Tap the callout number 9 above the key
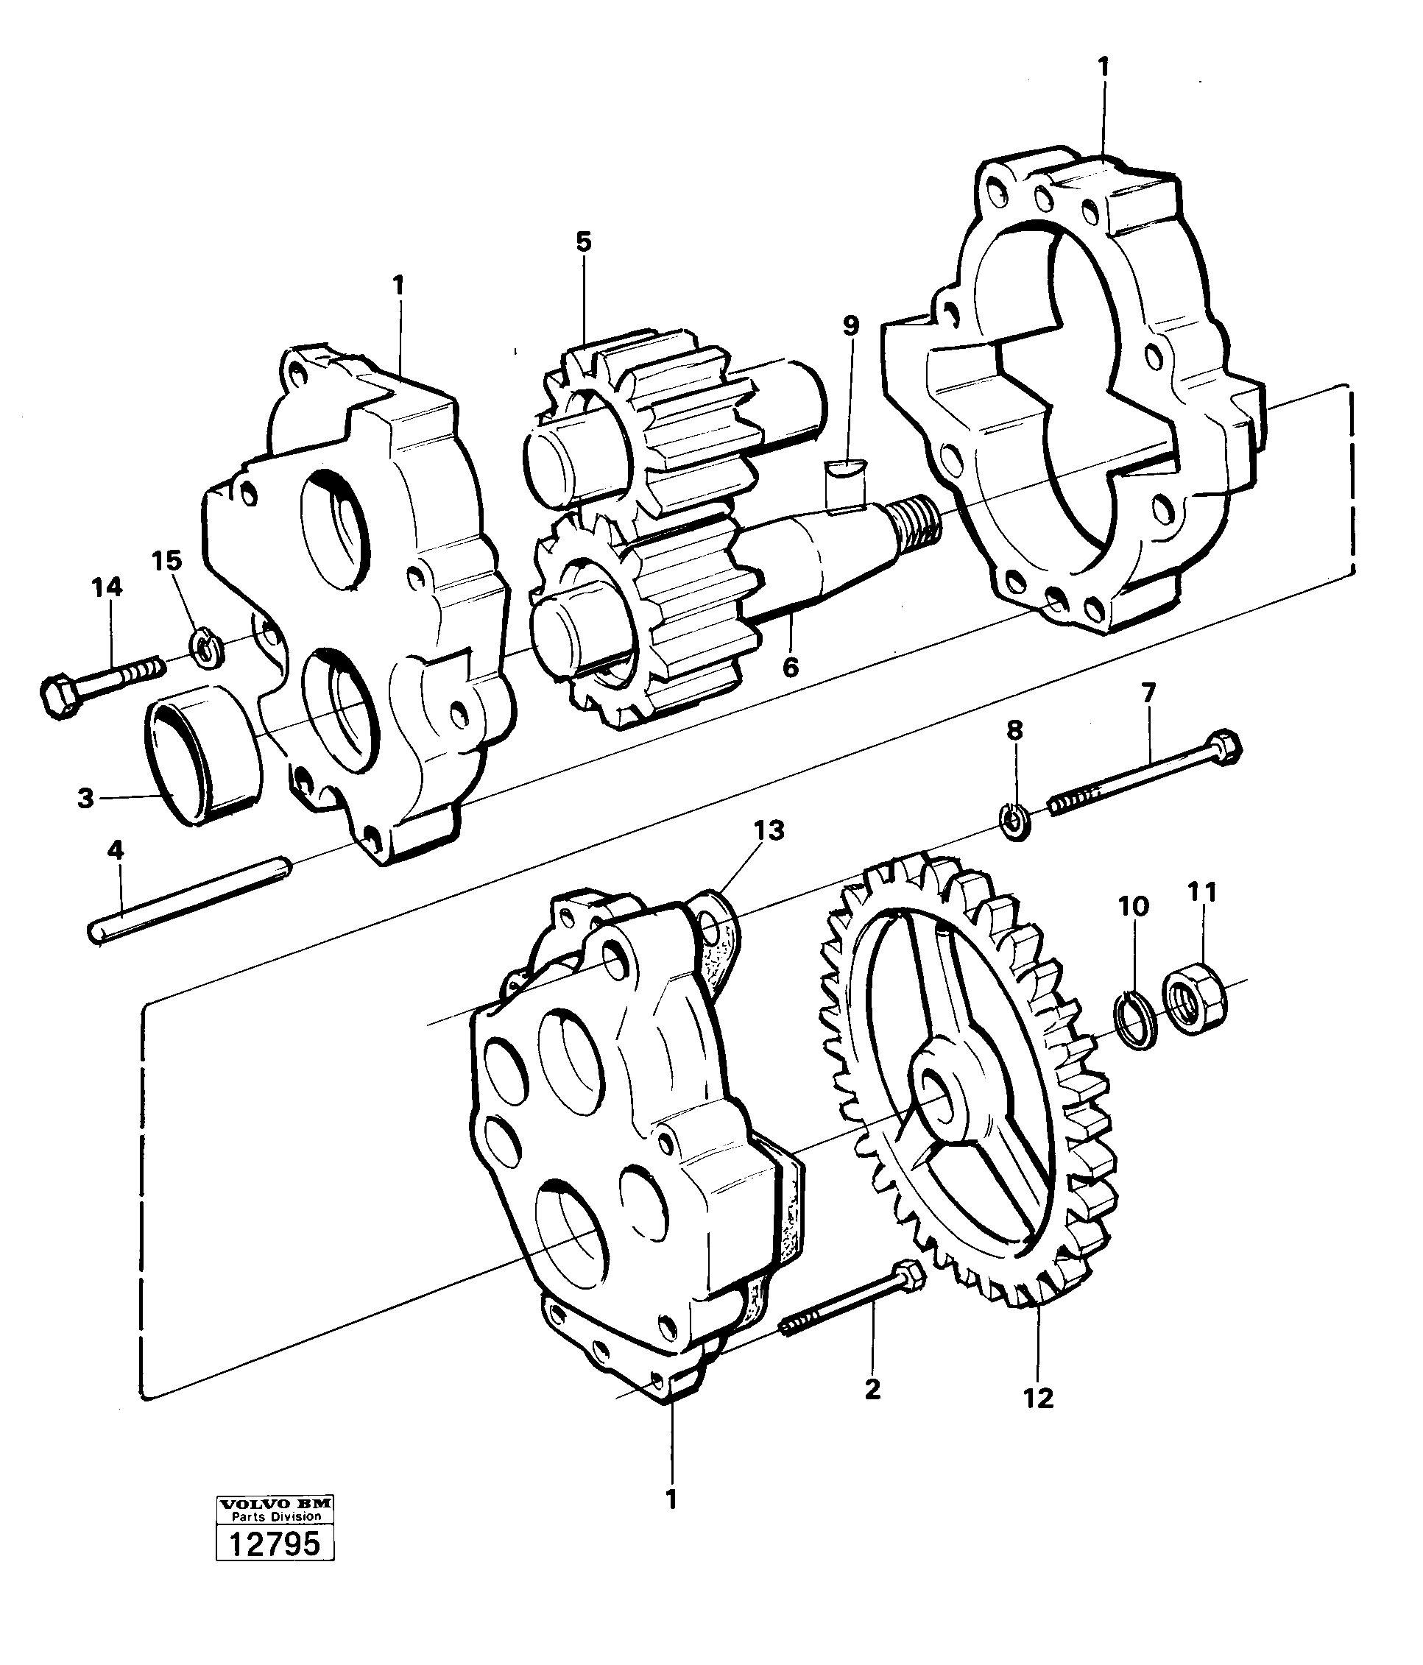coord(851,325)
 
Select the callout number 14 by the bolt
coord(107,587)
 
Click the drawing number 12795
coord(274,1544)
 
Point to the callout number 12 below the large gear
coord(1038,1399)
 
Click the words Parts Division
coord(275,1516)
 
